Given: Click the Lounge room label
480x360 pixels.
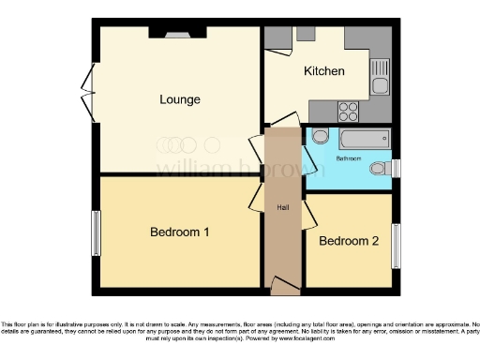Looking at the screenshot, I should click(180, 99).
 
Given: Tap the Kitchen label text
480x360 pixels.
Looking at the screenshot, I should click(324, 71).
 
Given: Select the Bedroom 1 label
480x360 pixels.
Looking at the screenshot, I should click(180, 232).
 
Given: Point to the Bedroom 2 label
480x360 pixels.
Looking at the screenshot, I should click(349, 241).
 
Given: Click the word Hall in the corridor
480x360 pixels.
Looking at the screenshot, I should click(281, 206).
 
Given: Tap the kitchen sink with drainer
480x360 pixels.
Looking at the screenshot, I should click(380, 75).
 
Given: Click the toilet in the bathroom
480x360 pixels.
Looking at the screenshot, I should click(380, 169).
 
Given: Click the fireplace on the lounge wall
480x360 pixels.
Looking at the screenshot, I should click(176, 33).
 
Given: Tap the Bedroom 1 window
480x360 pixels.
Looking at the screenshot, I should click(96, 232).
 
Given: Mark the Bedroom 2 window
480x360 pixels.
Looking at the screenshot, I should click(396, 246).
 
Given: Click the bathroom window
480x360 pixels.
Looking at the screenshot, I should click(396, 168).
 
